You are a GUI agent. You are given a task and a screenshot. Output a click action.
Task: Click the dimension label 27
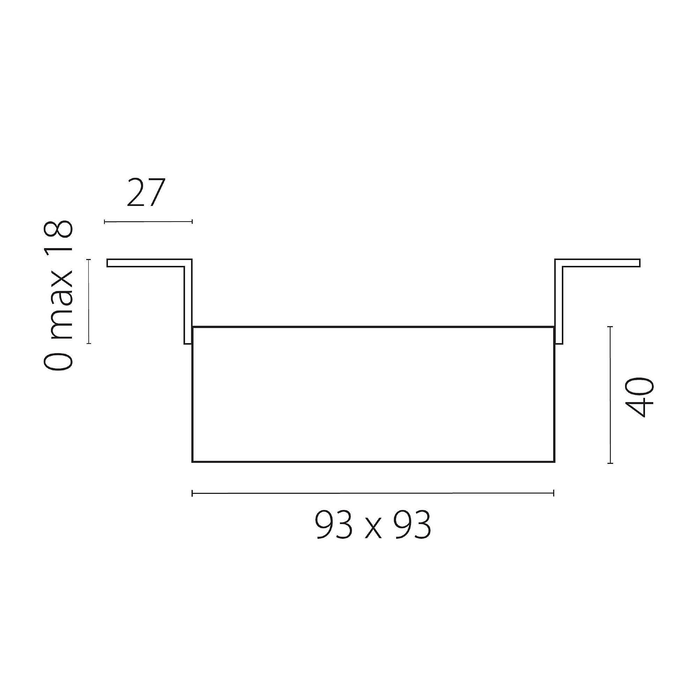coord(146,192)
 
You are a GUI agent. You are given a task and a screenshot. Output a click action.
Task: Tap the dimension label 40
coord(639,398)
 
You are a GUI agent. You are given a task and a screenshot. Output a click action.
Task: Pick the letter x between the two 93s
coord(373,531)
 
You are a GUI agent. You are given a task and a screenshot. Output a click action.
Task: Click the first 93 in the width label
coord(334,525)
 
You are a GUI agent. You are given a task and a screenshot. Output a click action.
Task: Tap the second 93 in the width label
coord(413,525)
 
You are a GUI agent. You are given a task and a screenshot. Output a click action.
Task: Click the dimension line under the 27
coord(148,222)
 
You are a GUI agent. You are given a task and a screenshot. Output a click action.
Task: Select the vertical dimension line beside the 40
coord(610,395)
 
